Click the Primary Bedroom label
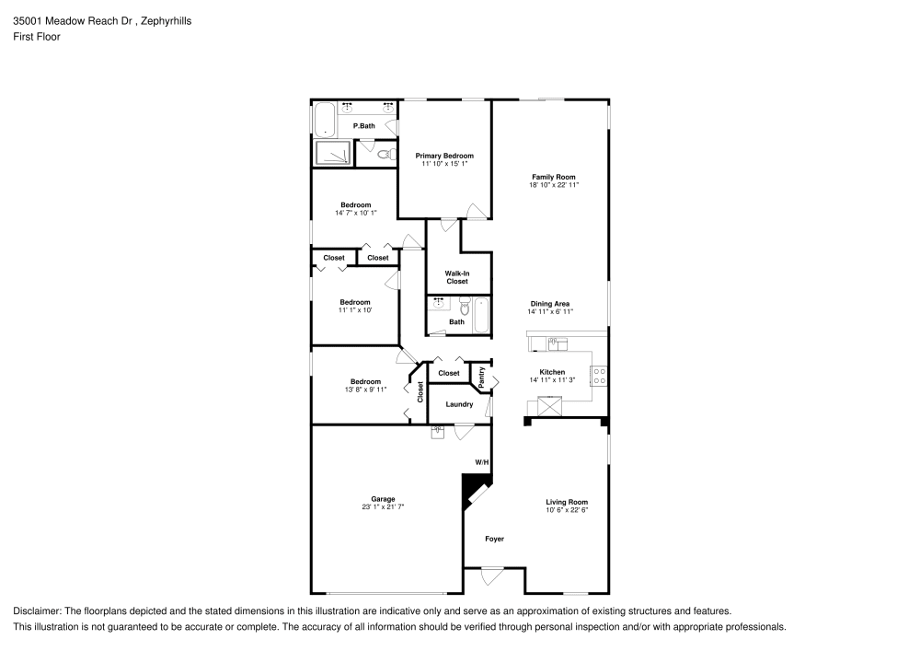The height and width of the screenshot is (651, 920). pos(443,156)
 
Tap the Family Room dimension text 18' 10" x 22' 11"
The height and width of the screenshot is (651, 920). pos(553,185)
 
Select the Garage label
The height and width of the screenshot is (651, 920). pos(383,499)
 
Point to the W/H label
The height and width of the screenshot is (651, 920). pos(481,461)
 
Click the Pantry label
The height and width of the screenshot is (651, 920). pos(481,376)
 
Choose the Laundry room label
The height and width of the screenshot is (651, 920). pos(459,404)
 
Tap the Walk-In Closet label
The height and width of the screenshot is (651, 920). pos(457,276)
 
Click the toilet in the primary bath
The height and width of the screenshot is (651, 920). pos(389,154)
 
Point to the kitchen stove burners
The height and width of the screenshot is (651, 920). pos(599,375)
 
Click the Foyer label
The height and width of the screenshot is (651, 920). pos(494,539)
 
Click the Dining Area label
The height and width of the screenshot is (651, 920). pos(550,304)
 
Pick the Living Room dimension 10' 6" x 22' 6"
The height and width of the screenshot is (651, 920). pos(566,510)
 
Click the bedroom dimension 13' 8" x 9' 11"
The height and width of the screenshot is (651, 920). pos(365,389)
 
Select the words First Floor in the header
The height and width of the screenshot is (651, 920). pos(36,37)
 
